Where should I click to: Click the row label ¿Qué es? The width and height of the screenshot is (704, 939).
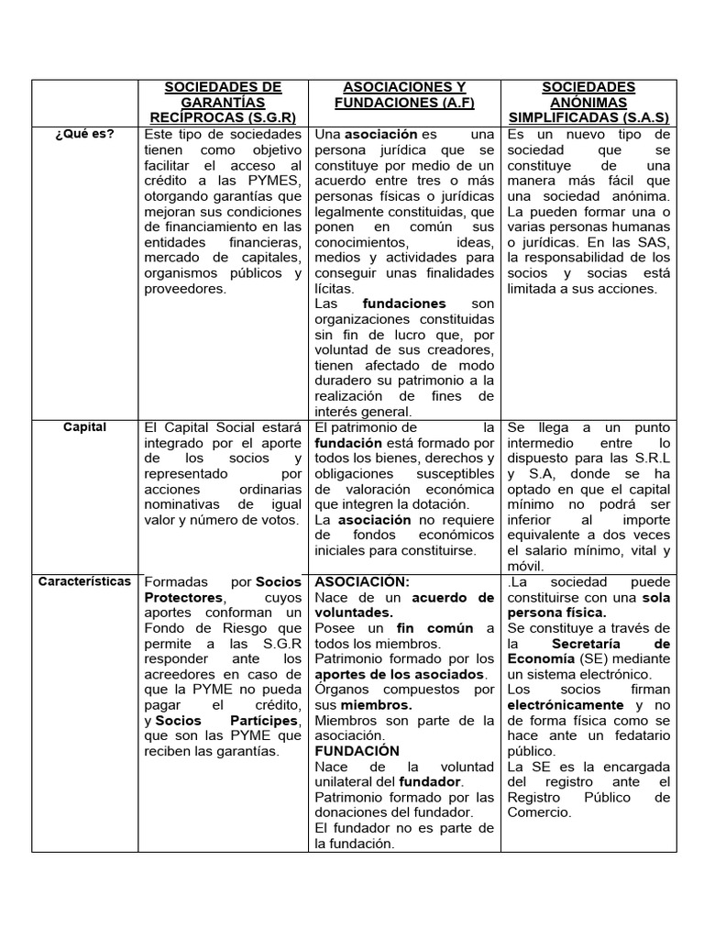click(x=83, y=134)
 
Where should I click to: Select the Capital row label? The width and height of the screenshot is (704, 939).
click(x=84, y=426)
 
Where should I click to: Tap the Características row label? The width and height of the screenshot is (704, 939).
click(x=84, y=581)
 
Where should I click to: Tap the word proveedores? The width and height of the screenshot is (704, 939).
click(x=183, y=289)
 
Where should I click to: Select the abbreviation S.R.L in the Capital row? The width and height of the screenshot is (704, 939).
click(x=650, y=458)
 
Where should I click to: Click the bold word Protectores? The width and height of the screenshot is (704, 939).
click(x=182, y=598)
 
